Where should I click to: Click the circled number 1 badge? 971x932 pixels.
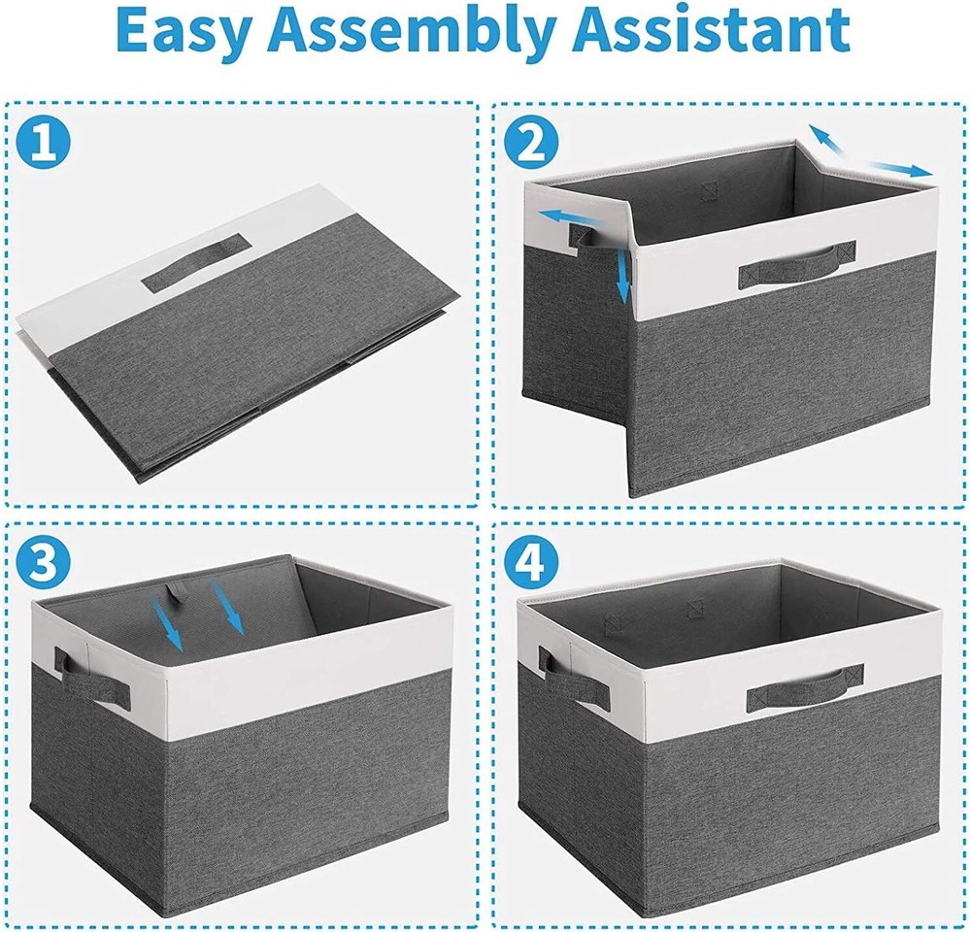[45, 143]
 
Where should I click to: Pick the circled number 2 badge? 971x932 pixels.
[530, 143]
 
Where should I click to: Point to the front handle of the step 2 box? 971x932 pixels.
[797, 263]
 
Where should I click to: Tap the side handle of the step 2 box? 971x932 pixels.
[584, 234]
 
